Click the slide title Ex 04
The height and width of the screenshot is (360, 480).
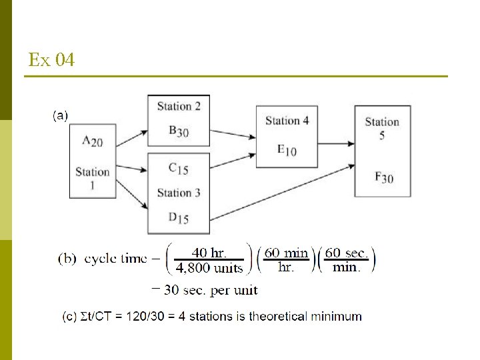pos(51,61)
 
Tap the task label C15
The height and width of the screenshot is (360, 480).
pos(178,169)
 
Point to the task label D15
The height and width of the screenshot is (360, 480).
pos(178,218)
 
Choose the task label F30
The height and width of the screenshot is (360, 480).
pos(383,177)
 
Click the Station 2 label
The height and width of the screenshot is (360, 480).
pos(179,106)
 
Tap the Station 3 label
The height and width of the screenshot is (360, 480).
pos(179,193)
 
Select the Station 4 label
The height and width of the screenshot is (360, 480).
pos(287,121)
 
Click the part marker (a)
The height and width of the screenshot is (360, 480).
pos(60,115)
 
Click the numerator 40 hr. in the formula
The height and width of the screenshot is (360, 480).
pos(209,253)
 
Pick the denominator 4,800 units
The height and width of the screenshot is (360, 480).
pos(209,268)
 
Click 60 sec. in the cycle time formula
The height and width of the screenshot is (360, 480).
pos(346,253)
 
